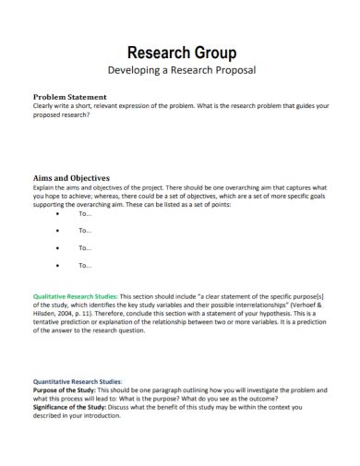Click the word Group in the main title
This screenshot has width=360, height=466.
[x=212, y=53]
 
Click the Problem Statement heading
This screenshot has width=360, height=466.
[x=70, y=97]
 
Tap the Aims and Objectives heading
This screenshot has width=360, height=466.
[x=72, y=177]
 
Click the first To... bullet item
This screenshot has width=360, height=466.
[x=85, y=213]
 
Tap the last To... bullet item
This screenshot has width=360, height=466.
[x=85, y=265]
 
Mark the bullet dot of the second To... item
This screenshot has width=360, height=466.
[x=59, y=231]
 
